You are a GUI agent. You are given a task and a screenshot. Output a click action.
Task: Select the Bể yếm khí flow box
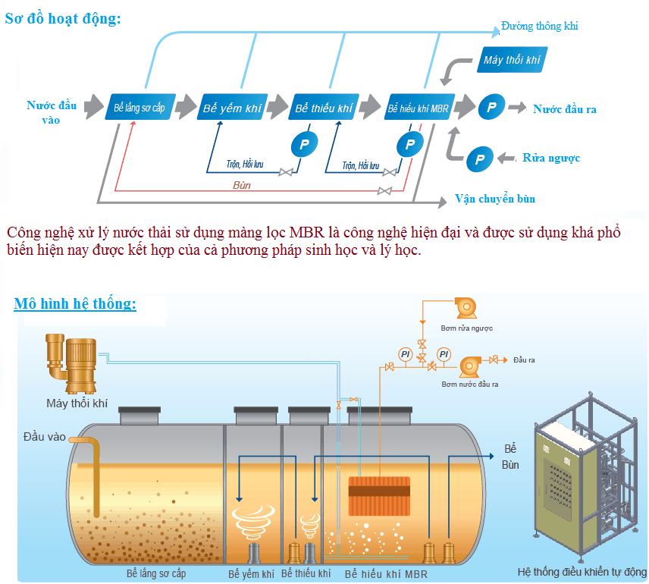point(232,108)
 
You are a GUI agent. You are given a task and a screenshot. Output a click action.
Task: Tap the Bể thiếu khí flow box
point(324,108)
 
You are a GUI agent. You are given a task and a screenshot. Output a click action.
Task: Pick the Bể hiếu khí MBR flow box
point(419,108)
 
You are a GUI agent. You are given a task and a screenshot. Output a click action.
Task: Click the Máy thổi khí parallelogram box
point(513,60)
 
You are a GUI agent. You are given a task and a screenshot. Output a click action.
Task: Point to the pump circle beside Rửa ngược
point(479,159)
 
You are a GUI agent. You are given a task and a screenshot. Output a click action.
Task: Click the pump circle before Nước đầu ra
point(491,108)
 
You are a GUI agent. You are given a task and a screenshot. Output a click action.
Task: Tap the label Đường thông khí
point(539,27)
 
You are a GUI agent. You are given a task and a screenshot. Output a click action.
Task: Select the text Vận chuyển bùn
point(495,199)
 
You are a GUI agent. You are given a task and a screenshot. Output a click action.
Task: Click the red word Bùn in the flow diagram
point(243,184)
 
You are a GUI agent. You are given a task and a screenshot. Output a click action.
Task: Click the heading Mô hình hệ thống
point(75,304)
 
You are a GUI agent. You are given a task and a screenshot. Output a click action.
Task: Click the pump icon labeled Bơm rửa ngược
point(465,306)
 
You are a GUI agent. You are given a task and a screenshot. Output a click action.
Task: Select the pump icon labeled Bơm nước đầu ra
point(470,365)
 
